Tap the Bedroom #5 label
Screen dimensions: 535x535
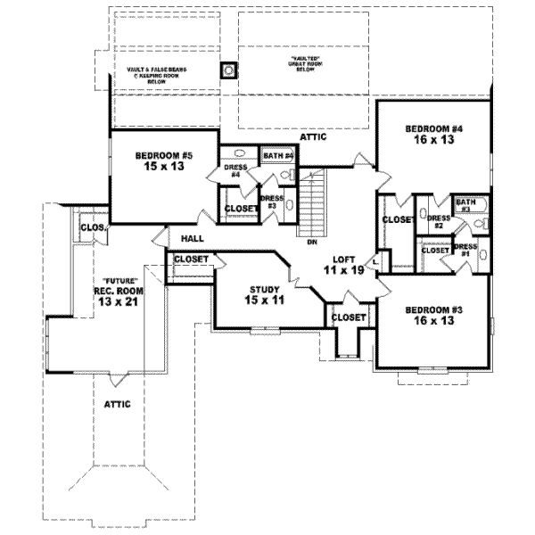[164, 161]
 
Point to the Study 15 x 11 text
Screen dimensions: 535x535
[265, 295]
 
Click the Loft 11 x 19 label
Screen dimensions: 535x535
[343, 265]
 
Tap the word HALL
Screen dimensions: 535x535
[193, 239]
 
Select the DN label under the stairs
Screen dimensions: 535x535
[311, 242]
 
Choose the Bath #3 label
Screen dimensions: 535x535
[465, 206]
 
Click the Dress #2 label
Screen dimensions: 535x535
[437, 222]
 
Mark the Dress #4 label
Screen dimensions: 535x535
[235, 170]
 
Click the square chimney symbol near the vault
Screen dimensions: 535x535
[228, 69]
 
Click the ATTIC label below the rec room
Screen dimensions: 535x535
[118, 404]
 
